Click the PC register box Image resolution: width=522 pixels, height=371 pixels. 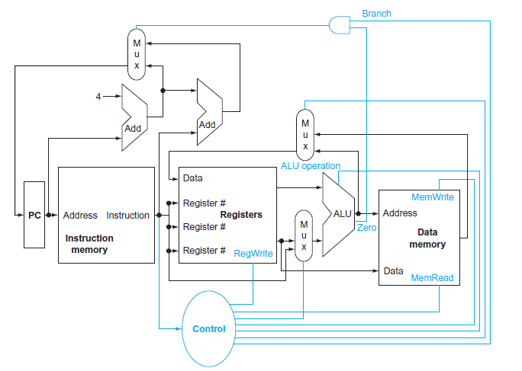[34, 215]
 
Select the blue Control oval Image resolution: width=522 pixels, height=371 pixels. [209, 328]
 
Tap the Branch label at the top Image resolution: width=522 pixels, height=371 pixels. [376, 14]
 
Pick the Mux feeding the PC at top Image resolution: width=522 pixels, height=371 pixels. [137, 54]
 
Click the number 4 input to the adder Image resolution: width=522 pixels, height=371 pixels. [98, 96]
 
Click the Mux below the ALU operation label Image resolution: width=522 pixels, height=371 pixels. [305, 134]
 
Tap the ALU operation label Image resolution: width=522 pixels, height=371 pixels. [311, 165]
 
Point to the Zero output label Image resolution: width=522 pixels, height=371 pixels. [366, 228]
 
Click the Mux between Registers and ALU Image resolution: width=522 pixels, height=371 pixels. [304, 236]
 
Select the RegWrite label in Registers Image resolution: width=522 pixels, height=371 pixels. [253, 253]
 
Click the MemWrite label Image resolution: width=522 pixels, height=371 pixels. [433, 197]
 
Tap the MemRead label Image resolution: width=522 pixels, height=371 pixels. [432, 278]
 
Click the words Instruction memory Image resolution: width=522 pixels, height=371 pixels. [89, 244]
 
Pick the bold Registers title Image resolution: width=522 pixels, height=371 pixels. [241, 215]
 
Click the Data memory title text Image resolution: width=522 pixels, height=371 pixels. [427, 238]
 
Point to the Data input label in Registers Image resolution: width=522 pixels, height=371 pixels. [193, 178]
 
